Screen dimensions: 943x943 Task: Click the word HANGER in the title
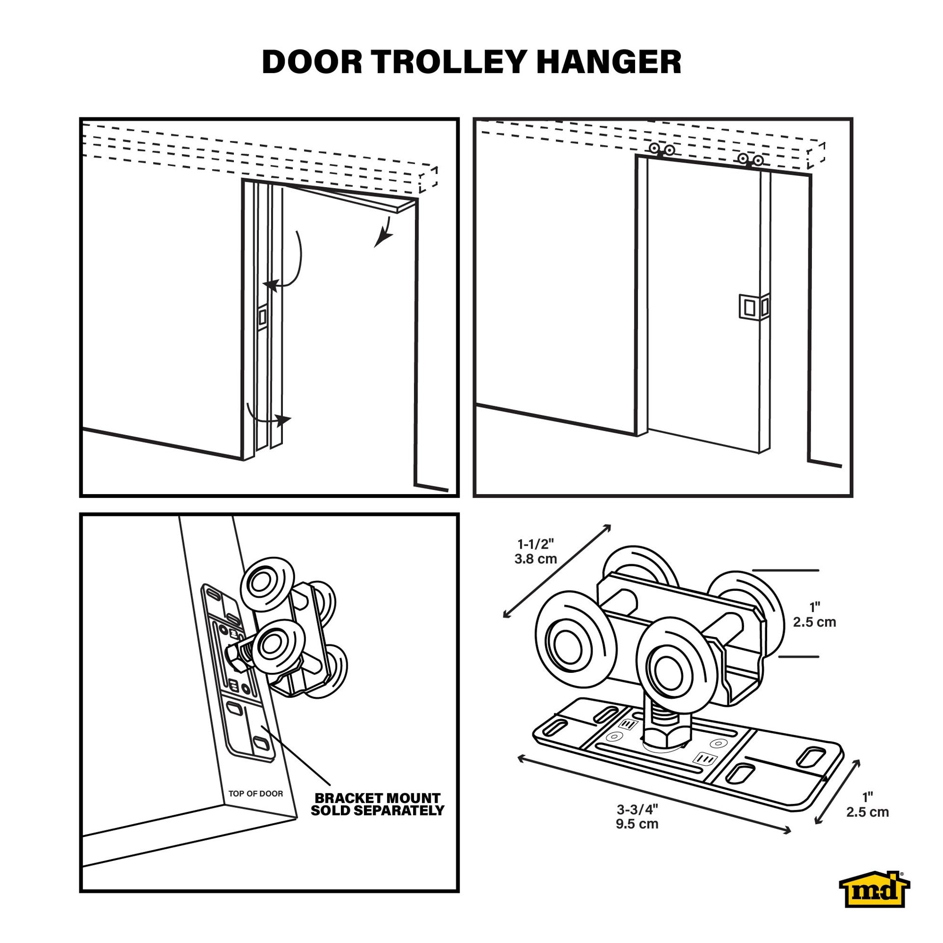click(609, 62)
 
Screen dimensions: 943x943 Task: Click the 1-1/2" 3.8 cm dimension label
click(536, 552)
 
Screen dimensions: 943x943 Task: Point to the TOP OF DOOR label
click(256, 794)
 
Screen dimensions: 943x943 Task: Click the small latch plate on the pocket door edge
click(262, 317)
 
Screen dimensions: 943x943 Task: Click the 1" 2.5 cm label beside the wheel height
click(814, 614)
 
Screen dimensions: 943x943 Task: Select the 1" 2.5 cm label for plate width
click(867, 804)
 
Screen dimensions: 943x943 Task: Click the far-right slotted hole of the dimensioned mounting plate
click(811, 756)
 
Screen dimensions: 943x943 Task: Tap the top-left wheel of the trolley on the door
click(266, 582)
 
